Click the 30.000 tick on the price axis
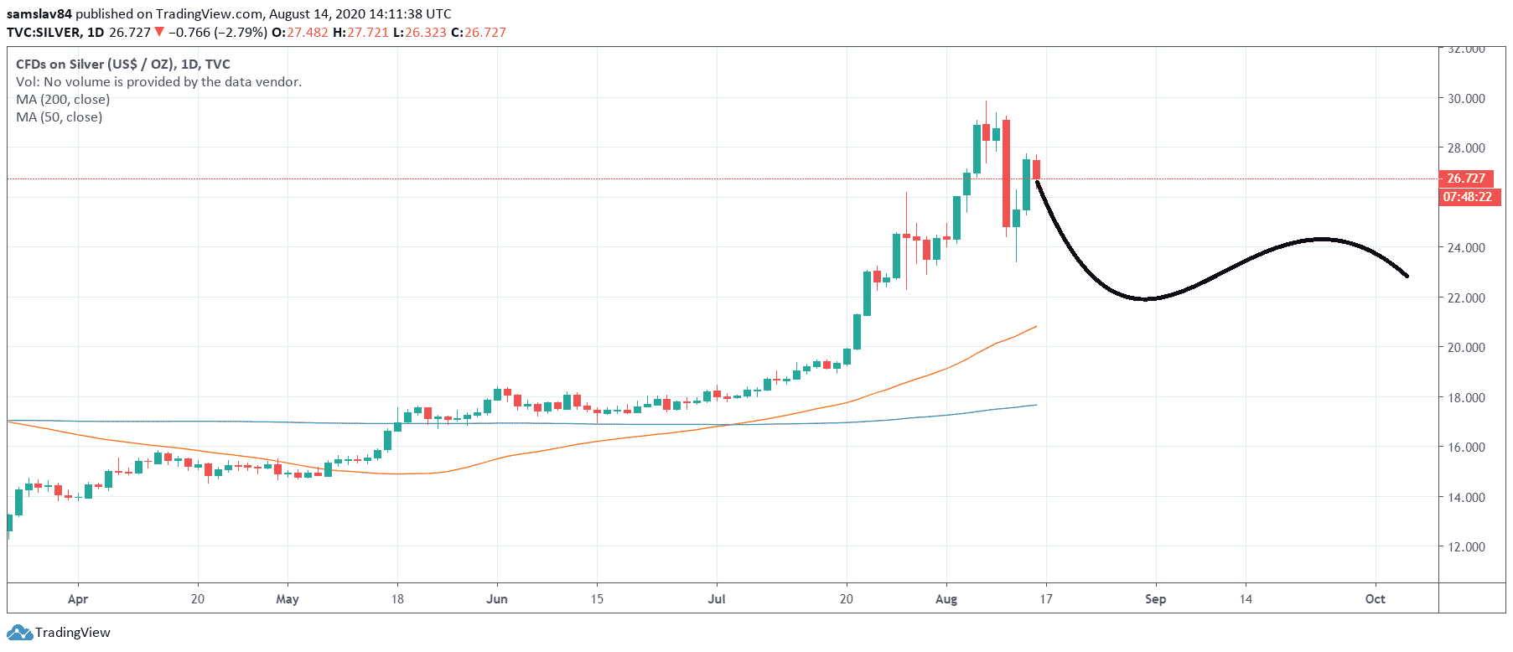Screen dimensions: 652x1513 1466,98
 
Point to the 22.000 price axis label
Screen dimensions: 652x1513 1466,298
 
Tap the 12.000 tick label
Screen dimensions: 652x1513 1466,546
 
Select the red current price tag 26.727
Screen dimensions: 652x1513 1466,179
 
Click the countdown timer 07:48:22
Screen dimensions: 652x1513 1467,197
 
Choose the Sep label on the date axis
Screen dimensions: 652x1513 1155,599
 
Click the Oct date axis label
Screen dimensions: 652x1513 1375,599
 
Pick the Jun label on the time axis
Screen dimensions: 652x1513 497,599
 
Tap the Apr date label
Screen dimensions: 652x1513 78,599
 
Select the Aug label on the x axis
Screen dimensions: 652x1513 946,599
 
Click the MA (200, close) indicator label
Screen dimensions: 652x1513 63,100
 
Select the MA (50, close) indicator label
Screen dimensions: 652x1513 60,117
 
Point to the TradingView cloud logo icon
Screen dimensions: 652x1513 19,633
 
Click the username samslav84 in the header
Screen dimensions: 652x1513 39,14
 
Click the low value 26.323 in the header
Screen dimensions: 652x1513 426,33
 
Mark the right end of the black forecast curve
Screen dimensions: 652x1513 1407,277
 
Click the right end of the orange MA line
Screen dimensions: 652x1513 1037,326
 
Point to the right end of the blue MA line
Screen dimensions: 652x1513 1037,405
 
